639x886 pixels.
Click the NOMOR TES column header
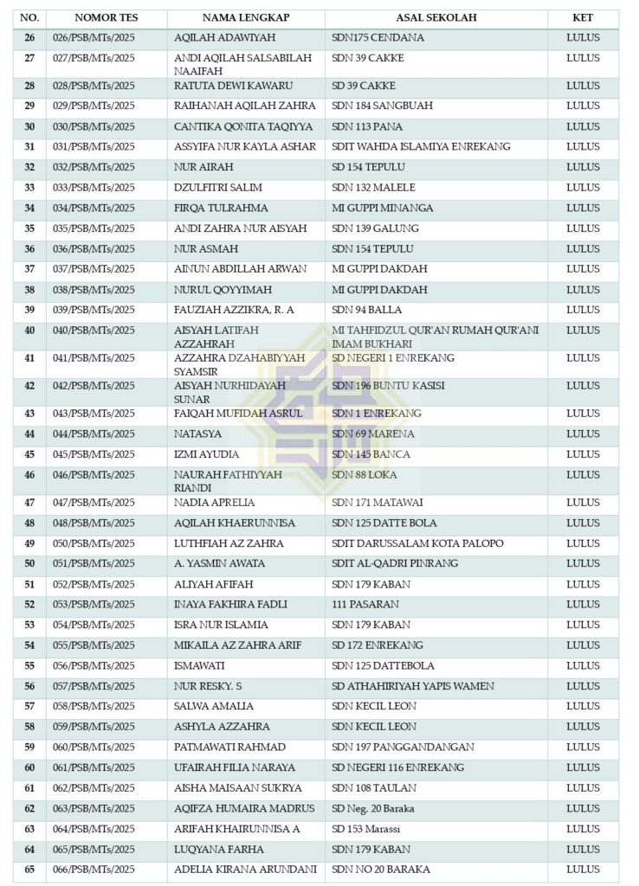click(x=107, y=18)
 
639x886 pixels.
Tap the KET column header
click(x=583, y=18)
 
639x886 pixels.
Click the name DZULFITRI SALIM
click(x=218, y=187)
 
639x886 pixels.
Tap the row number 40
click(x=29, y=331)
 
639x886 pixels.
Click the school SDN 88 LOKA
click(x=371, y=474)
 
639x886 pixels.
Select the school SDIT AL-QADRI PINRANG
click(x=395, y=563)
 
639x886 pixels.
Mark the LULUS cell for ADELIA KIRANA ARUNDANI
click(x=583, y=869)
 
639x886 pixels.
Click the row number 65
click(x=29, y=869)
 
